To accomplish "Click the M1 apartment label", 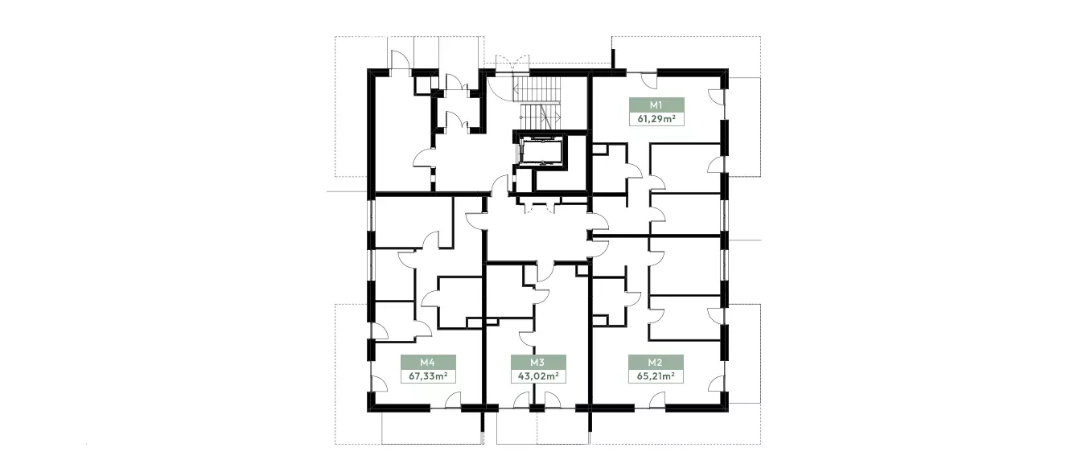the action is pos(656,105).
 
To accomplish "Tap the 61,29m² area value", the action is pos(656,119).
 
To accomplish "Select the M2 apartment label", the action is pos(656,362).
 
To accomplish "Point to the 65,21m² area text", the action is pos(656,376).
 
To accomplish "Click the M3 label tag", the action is pos(538,362).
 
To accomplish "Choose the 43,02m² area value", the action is pos(538,376).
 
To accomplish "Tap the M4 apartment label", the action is pos(428,362).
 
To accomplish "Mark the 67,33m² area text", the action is pos(428,376).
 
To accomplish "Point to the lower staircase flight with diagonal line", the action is pos(540,117).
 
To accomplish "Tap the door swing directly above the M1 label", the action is pos(648,80).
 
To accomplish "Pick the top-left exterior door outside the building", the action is pos(400,60).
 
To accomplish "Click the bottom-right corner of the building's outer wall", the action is pos(728,412).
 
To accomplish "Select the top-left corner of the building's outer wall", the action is pos(368,69).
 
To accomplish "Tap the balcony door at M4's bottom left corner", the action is pos(379,384).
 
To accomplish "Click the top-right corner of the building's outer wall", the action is pos(728,69).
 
